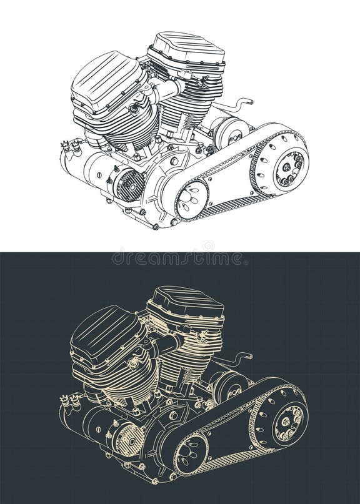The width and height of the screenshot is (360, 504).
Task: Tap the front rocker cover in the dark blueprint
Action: (x=103, y=334)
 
